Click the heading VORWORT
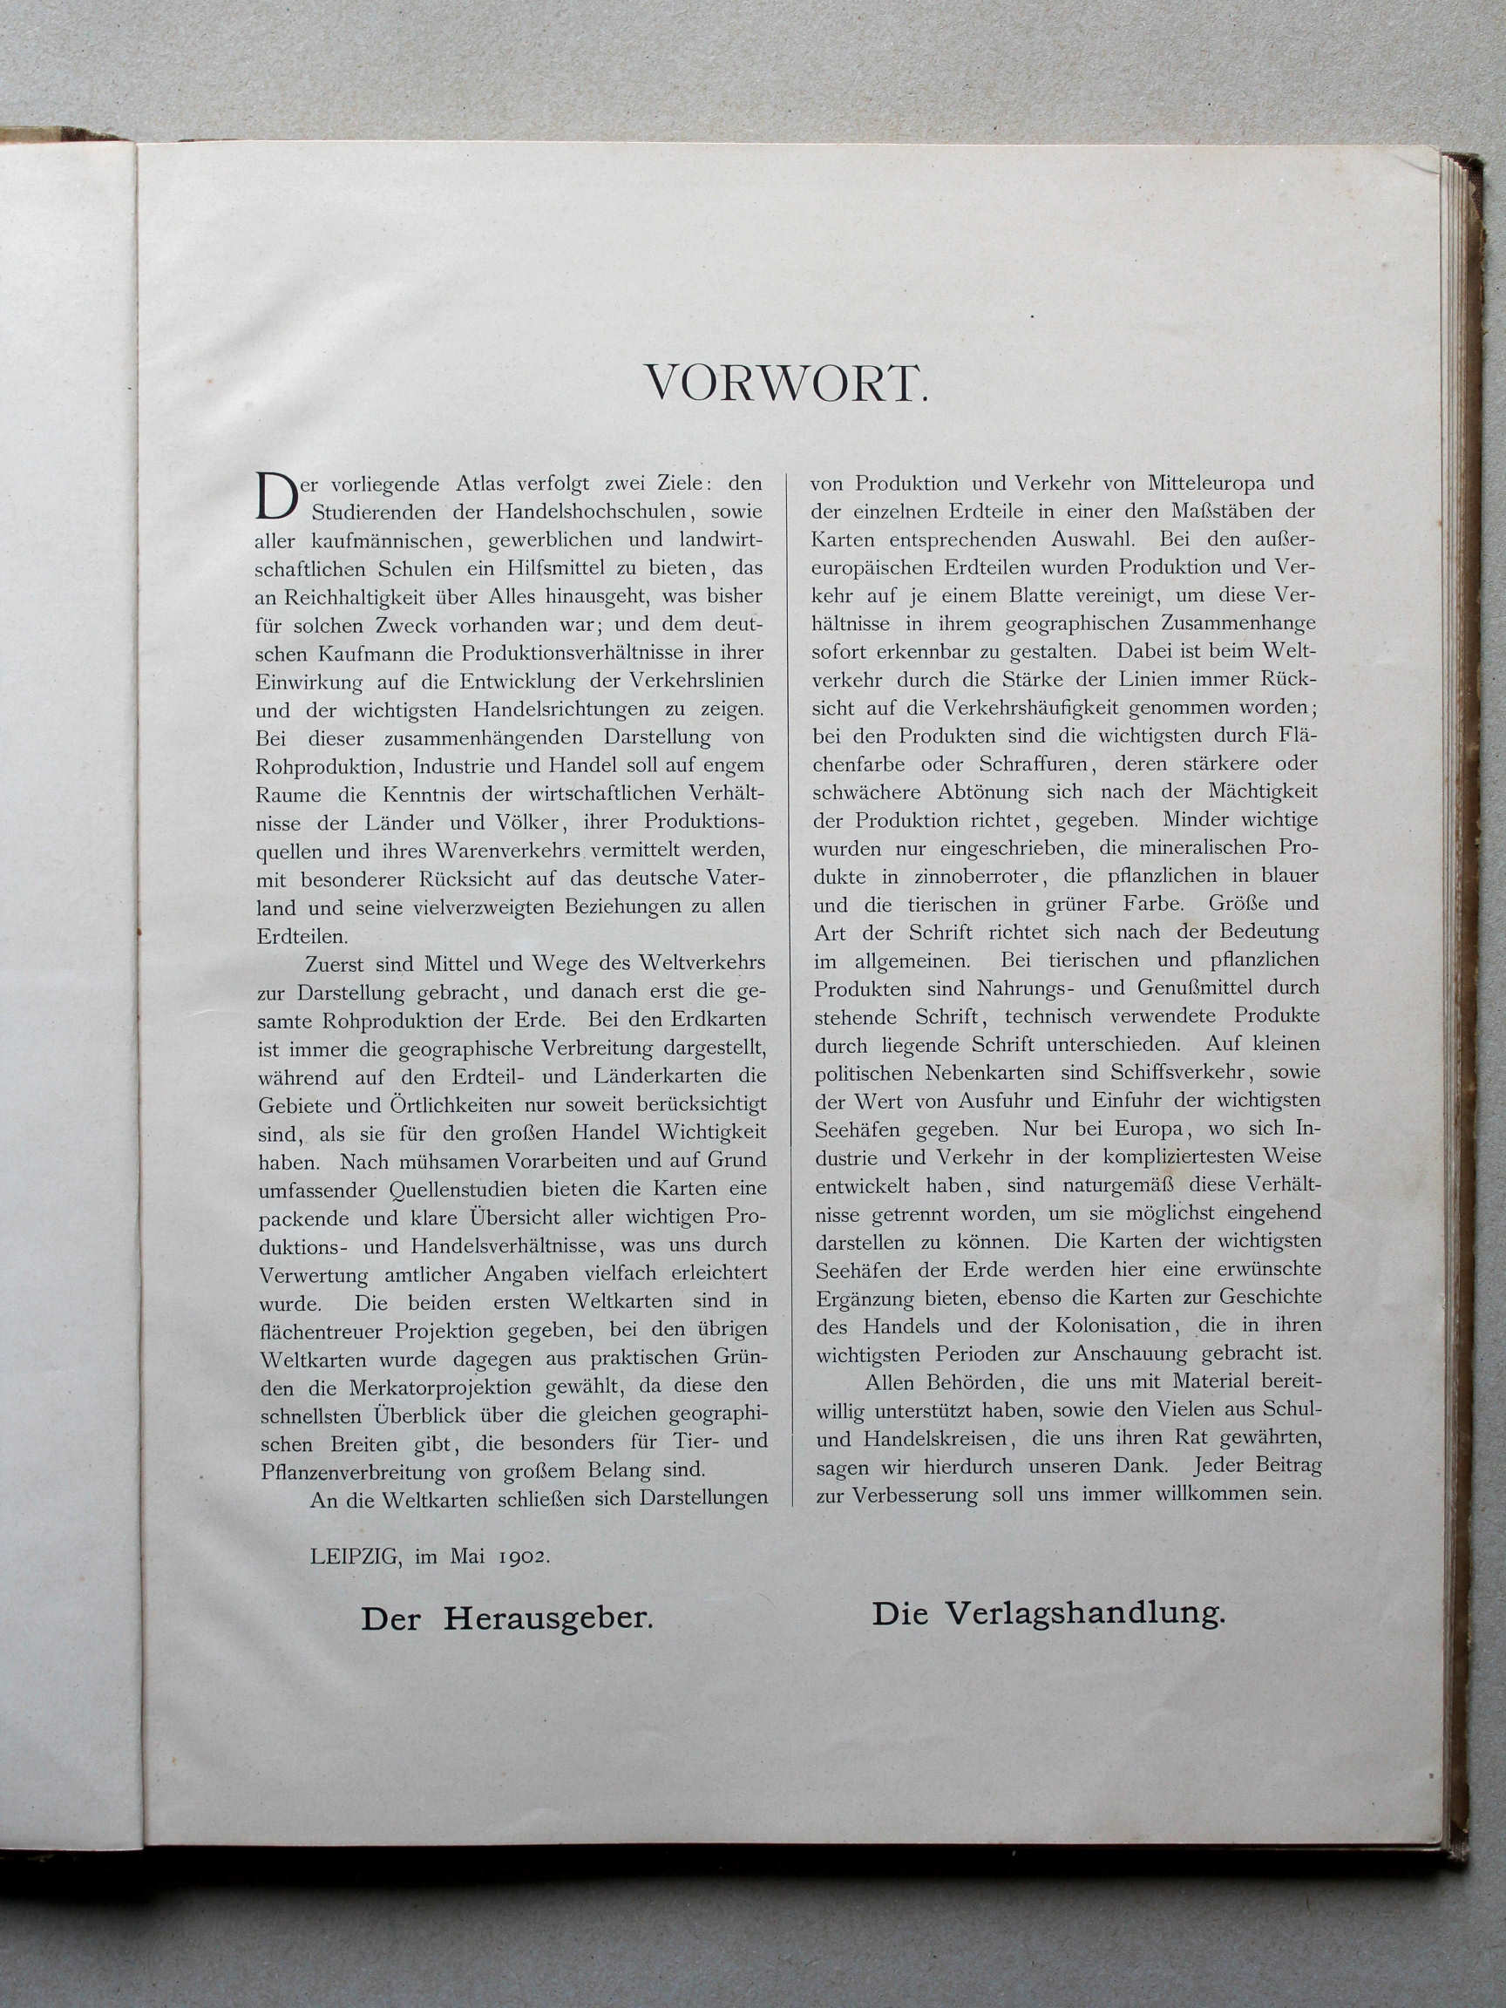(786, 384)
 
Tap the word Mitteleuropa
(1207, 483)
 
